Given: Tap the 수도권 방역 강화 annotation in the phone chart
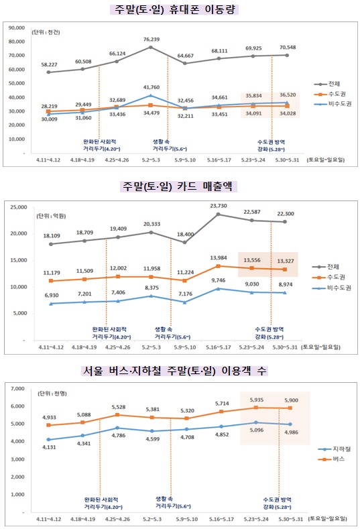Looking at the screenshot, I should [271, 145].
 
